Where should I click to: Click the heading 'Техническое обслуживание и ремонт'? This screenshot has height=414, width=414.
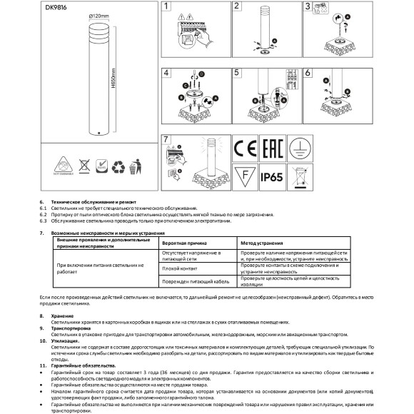pyautogui.click(x=93, y=201)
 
